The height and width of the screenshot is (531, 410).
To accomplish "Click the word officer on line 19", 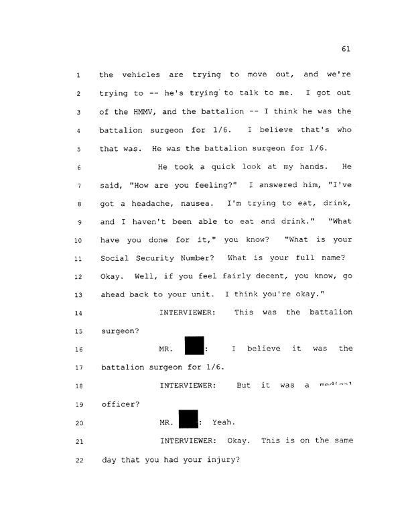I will pyautogui.click(x=120, y=405).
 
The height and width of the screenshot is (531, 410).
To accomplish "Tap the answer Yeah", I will pyautogui.click(x=222, y=423).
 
